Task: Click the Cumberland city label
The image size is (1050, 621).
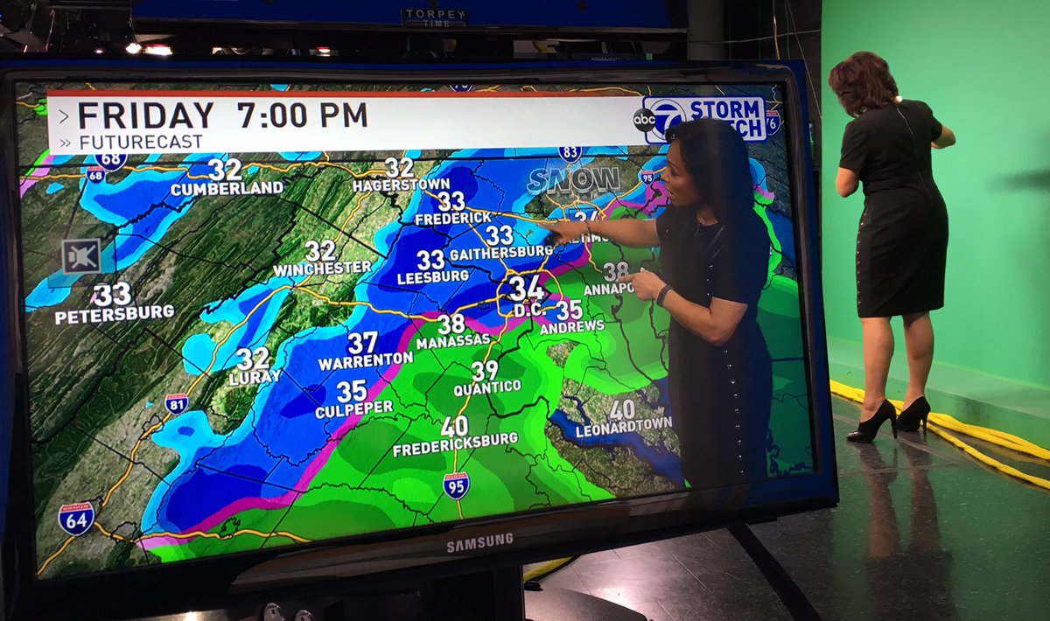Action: [227, 188]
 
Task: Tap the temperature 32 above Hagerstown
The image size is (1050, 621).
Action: [399, 167]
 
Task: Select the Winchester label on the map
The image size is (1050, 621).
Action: [322, 268]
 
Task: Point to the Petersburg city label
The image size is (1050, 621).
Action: [115, 313]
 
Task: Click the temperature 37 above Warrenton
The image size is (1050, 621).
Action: [362, 342]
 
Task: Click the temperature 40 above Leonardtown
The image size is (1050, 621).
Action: [622, 409]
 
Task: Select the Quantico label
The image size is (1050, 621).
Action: [487, 387]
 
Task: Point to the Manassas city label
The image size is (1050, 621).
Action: [453, 342]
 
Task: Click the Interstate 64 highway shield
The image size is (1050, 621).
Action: [76, 518]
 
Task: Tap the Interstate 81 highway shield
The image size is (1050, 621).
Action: [176, 403]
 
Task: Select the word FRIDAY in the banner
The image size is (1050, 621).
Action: [145, 115]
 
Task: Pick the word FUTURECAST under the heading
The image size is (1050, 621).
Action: [141, 142]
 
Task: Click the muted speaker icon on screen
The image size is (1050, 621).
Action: [80, 256]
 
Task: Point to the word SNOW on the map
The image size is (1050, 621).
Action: [573, 180]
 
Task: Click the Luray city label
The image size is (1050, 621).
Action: [255, 378]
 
